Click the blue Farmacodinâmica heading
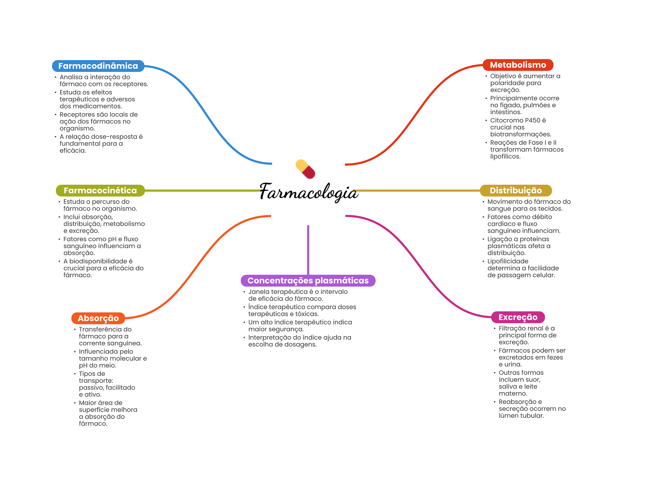click(98, 66)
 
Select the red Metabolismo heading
click(518, 65)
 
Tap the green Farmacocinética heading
click(100, 191)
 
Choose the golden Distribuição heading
click(516, 191)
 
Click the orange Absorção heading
click(98, 318)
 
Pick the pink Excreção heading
click(518, 317)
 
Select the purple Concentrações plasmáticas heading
click(308, 281)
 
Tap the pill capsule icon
click(305, 169)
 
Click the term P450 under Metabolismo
click(532, 120)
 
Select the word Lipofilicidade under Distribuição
click(508, 261)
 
